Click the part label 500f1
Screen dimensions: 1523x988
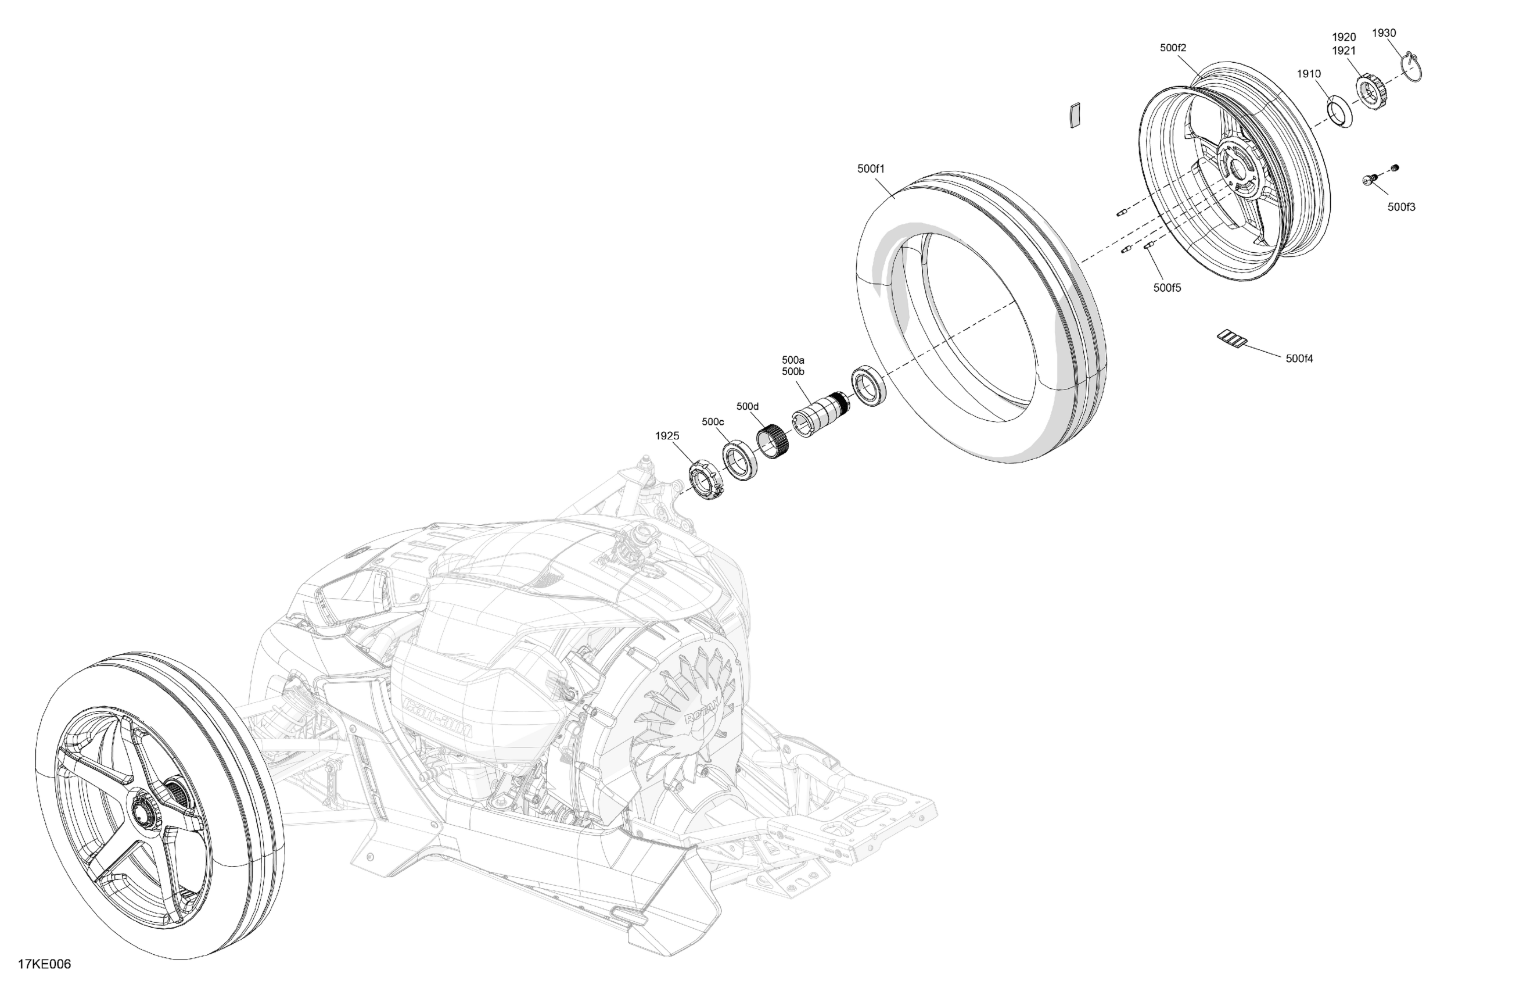click(870, 169)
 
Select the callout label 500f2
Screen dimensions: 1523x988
click(1173, 48)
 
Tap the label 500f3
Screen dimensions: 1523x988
click(1402, 207)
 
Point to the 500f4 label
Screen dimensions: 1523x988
click(1299, 359)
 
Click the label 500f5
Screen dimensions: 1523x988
click(1167, 288)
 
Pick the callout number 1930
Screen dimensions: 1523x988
click(1384, 33)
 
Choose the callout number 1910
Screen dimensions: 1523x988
click(1309, 74)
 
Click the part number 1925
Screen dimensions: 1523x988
click(667, 435)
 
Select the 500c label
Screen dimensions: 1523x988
click(713, 421)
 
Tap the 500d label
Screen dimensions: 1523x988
click(748, 406)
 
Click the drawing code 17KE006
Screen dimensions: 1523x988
click(44, 964)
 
